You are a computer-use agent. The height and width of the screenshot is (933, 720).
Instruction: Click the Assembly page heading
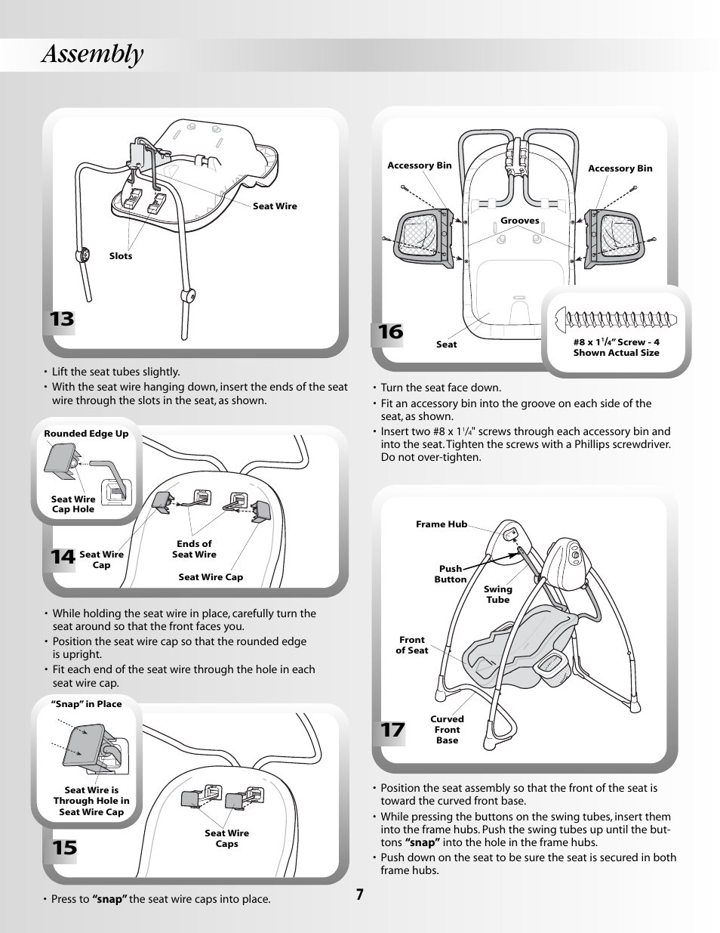tap(93, 54)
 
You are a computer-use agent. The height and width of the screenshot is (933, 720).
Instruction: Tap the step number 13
tap(63, 320)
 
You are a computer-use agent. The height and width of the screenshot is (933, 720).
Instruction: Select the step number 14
tap(63, 558)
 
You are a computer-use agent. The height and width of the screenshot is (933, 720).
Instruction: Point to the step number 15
tap(64, 848)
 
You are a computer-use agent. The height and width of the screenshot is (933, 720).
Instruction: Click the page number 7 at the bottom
tap(360, 894)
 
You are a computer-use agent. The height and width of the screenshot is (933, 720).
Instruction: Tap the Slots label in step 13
tap(121, 256)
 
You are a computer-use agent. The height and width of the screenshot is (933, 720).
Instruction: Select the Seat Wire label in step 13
tap(275, 206)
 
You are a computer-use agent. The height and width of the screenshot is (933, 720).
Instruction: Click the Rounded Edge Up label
tap(86, 434)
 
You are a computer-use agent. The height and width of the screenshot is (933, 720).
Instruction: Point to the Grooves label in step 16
tap(520, 221)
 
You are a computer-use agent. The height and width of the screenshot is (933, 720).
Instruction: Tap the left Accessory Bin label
tap(420, 165)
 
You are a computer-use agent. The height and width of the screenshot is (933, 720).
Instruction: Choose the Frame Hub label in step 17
tap(442, 524)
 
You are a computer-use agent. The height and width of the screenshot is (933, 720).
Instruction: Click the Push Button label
tap(451, 574)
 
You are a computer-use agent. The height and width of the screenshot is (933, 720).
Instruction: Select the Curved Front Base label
tap(447, 730)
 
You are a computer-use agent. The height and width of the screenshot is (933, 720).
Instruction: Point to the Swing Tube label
tap(497, 595)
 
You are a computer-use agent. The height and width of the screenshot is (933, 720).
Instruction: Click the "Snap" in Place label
tap(86, 704)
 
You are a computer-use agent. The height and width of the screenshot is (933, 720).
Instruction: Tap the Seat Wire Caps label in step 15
tap(226, 839)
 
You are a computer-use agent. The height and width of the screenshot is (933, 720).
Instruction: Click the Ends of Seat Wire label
tap(194, 549)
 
